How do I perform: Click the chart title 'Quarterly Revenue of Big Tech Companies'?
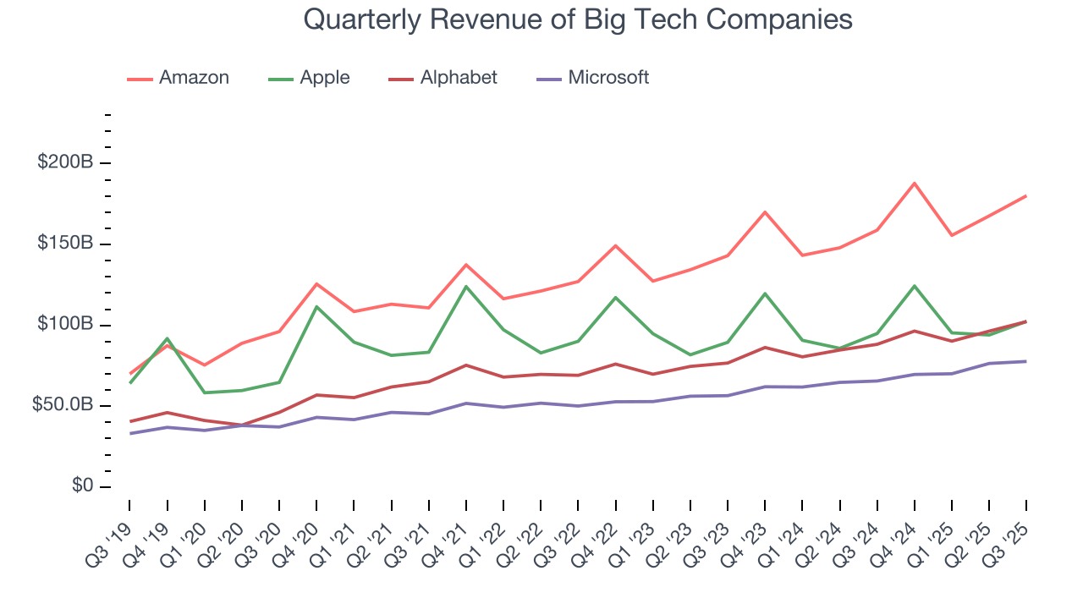577,19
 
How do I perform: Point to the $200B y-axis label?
65,162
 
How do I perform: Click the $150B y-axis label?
65,244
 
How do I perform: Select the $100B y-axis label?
65,325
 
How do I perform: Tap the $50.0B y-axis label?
61,406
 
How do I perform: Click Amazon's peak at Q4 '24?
915,183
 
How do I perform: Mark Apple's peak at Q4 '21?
466,286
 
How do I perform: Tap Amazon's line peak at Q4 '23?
765,211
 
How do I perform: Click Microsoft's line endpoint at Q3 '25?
1026,361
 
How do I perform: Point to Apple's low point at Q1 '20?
205,392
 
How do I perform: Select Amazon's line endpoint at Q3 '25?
1026,195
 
